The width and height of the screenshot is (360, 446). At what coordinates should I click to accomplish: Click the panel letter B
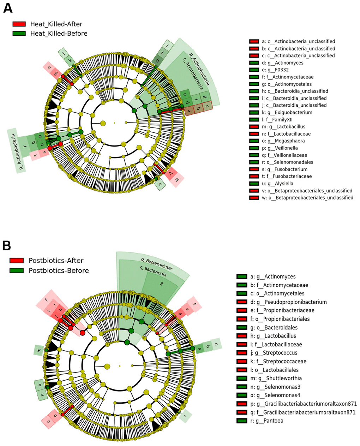[x=6, y=245]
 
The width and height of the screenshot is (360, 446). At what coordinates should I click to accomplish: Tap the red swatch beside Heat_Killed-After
[x=19, y=24]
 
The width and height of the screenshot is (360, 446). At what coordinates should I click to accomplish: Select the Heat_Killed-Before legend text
[x=59, y=34]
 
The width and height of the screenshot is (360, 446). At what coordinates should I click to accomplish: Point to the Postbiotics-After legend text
[x=56, y=261]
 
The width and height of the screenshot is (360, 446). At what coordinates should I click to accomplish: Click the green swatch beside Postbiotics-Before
[x=17, y=270]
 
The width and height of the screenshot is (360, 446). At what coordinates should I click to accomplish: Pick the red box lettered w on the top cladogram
[x=177, y=180]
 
